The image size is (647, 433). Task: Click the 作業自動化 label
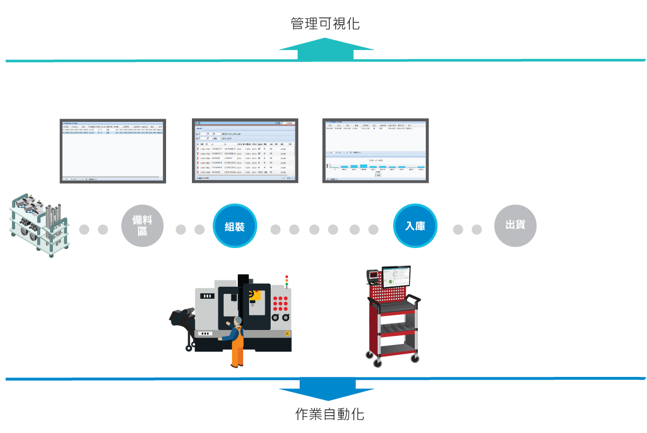pos(329,414)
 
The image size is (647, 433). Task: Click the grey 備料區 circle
pos(142,226)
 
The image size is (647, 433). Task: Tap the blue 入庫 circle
pos(415,226)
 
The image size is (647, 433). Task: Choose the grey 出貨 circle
pos(515,225)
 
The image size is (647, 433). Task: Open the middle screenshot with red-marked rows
pos(245,150)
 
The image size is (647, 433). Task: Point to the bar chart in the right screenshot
pos(375,166)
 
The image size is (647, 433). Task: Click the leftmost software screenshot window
pos(112,150)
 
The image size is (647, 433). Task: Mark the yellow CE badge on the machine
pos(287,334)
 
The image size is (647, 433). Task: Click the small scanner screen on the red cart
pos(373,277)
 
